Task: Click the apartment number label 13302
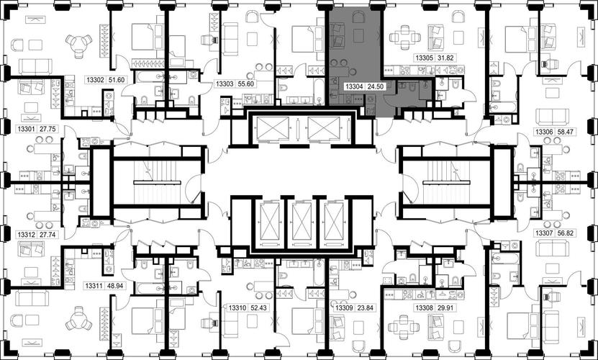95,80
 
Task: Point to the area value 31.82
447,58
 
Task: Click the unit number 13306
544,132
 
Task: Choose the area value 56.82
567,233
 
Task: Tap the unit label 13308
424,307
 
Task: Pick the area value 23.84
365,307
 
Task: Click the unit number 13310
237,307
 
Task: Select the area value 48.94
115,285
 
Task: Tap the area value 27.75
48,129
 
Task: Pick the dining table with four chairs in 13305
404,37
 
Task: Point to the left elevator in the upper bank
273,128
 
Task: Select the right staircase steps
445,181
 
